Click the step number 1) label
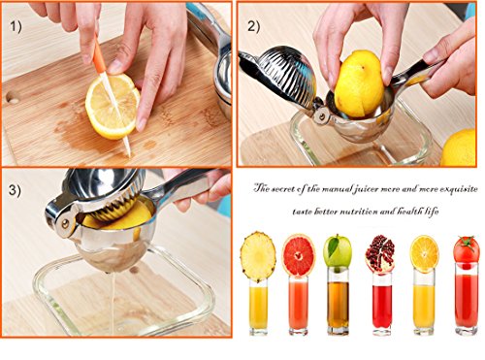pos(16,26)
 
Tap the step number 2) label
pos(254,26)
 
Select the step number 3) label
pos(15,190)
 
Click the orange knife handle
pos(98,54)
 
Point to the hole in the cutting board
pos(13,97)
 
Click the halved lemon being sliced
pos(113,107)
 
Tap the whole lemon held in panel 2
pos(359,83)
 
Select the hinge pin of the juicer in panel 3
pos(65,223)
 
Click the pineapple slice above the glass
pos(258,256)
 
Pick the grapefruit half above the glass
pos(299,256)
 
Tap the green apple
pos(338,251)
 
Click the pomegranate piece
pos(380,254)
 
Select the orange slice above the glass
pos(424,254)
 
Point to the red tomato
pos(467,250)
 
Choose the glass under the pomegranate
pos(382,304)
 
